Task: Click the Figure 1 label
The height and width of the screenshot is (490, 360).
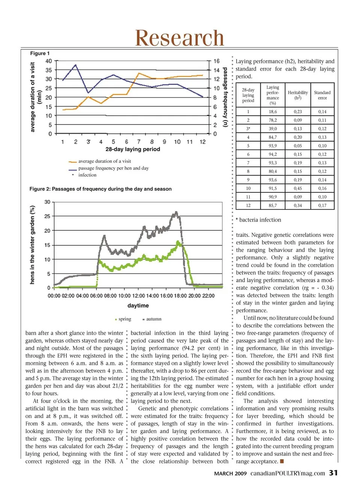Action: [x=40, y=53]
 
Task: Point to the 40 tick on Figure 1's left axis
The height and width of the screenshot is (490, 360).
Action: [x=49, y=61]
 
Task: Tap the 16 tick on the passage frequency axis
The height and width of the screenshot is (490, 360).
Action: [x=216, y=61]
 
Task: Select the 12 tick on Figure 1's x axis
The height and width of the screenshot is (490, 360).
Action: [x=202, y=142]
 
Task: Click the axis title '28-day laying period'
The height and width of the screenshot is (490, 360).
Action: [x=133, y=149]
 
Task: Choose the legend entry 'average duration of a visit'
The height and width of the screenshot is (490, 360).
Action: [x=105, y=161]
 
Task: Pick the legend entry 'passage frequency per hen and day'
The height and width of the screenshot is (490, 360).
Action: [x=113, y=168]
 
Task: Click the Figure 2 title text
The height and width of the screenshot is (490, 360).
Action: [x=100, y=189]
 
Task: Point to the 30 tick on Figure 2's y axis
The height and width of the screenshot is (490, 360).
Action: [x=47, y=202]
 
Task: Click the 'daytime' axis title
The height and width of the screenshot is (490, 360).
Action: [x=138, y=306]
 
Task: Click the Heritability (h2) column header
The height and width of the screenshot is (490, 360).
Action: [x=298, y=95]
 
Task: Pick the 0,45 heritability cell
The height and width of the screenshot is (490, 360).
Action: [x=298, y=188]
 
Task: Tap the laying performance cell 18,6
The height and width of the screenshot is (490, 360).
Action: [x=273, y=112]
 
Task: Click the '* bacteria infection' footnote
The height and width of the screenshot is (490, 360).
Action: [x=258, y=220]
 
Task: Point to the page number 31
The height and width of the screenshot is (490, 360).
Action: [x=333, y=473]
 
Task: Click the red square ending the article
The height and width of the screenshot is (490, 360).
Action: [x=282, y=461]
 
